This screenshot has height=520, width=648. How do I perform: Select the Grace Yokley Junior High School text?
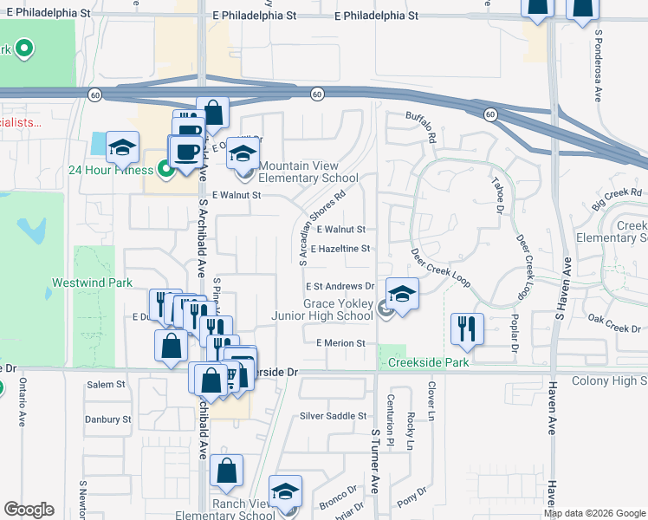(337, 309)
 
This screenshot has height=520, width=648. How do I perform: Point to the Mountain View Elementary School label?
(308, 172)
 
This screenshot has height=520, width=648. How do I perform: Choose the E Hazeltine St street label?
(342, 249)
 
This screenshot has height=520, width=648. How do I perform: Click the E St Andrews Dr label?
(339, 286)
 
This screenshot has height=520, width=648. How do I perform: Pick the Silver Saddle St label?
(333, 416)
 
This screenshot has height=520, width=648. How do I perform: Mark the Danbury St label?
(107, 419)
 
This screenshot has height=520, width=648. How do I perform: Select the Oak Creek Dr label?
(612, 328)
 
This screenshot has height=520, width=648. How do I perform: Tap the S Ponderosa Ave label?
(598, 65)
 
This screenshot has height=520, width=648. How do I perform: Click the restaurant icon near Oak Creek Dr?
(467, 327)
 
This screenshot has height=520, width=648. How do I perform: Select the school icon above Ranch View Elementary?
(285, 491)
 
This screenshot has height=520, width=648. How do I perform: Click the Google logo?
(29, 510)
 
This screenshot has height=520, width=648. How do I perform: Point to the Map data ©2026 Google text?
(593, 513)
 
